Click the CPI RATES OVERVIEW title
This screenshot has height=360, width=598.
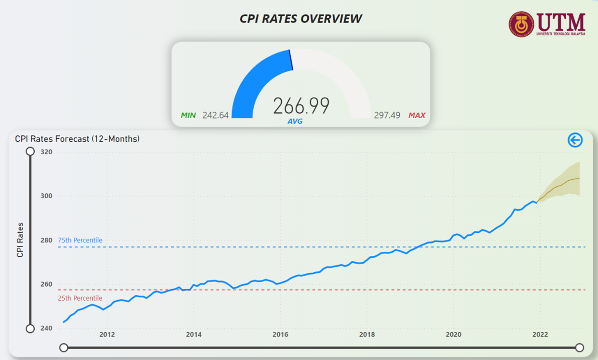coord(300,19)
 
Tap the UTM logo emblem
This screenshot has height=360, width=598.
coord(521,24)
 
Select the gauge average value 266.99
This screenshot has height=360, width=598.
coord(301,106)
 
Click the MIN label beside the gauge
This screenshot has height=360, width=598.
coord(188,115)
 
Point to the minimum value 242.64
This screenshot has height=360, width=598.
coord(216,115)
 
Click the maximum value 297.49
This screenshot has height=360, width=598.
coord(387,115)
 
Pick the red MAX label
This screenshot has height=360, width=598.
coord(417,115)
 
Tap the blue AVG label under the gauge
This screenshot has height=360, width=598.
coord(295,121)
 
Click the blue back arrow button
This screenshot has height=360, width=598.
coord(575,140)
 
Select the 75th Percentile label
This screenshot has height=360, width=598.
coord(80,240)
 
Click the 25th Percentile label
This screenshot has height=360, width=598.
coord(80,298)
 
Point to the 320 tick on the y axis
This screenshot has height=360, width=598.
coord(46,152)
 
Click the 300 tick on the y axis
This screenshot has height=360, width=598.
coord(46,196)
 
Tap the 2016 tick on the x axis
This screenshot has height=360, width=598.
coord(280,334)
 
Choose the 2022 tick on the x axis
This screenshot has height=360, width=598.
coord(540,334)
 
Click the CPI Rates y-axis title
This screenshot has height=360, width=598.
coord(20,240)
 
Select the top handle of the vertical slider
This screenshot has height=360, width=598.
coord(30,151)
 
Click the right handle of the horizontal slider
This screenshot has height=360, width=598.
coord(580,347)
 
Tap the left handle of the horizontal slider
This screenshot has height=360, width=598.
coord(63,347)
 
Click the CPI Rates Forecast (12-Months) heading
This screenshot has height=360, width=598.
coord(77,139)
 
